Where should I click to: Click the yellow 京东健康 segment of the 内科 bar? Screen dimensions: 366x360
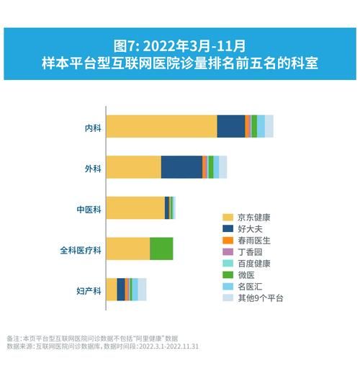(x=161, y=126)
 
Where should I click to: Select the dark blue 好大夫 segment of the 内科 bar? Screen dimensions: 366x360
(x=230, y=126)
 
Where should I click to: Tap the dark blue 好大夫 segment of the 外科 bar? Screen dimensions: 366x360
(x=181, y=166)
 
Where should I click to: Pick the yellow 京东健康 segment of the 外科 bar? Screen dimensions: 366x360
(x=134, y=166)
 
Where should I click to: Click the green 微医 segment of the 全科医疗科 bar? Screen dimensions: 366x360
(x=161, y=248)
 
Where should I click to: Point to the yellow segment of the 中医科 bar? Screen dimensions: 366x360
(x=135, y=207)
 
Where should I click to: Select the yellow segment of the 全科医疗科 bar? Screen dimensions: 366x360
(x=128, y=248)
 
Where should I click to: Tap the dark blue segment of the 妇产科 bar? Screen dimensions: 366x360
(x=120, y=289)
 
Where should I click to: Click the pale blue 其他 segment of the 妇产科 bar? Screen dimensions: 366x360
(x=142, y=289)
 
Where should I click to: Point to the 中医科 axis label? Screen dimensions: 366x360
(x=89, y=210)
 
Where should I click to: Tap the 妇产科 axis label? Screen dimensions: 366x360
(x=89, y=291)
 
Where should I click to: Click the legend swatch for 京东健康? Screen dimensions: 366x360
(x=228, y=217)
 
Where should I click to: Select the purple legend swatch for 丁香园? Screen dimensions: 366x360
(x=228, y=251)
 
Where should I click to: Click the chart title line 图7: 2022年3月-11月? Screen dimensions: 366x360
(x=180, y=46)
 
